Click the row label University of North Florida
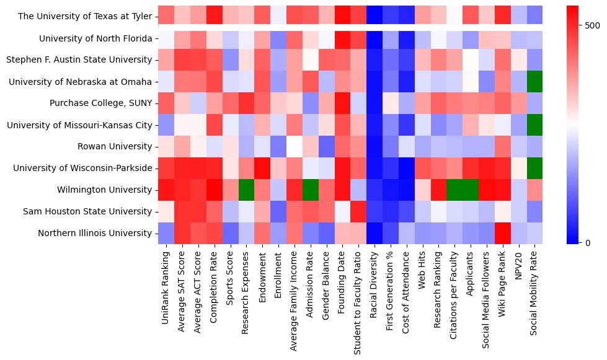tap(95, 38)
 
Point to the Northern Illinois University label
tap(99, 233)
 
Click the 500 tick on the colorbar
tap(593, 25)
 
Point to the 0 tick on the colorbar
tap(588, 242)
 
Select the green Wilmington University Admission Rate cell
tap(311, 190)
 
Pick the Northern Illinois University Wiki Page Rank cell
tap(502, 233)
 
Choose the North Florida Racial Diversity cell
tap(374, 38)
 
